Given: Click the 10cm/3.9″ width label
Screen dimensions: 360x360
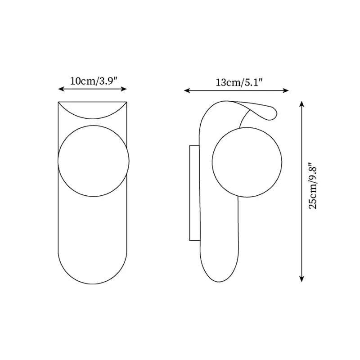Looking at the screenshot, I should pos(94,81).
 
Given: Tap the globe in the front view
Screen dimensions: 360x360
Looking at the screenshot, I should pos(94,161).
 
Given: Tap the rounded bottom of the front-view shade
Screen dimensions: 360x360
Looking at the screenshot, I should pos(93,274).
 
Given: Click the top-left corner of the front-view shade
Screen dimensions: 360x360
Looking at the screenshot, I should pos(58,102).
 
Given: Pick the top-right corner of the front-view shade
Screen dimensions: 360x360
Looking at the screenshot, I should pos(128,102).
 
